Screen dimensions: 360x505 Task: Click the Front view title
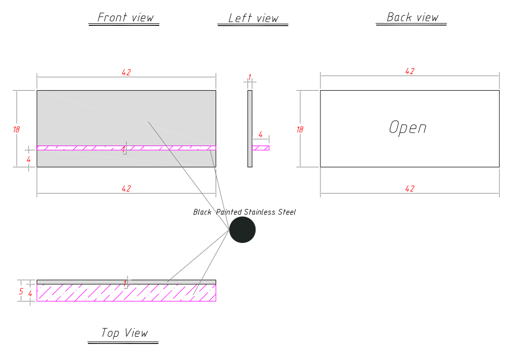click(125, 18)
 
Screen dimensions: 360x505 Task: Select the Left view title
click(254, 18)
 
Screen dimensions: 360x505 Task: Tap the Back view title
click(412, 17)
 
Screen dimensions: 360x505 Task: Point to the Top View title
click(124, 333)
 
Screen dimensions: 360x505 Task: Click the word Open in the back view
click(408, 127)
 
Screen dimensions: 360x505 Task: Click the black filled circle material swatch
click(242, 229)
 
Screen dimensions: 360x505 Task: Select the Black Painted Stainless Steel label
click(244, 212)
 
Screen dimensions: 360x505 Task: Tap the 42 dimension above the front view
click(126, 73)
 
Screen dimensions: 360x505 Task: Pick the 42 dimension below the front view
click(126, 189)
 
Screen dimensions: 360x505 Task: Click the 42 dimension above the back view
click(410, 71)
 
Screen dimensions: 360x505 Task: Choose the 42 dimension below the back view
click(410, 189)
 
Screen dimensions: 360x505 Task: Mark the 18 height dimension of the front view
click(16, 129)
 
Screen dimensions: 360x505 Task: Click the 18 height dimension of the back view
click(300, 129)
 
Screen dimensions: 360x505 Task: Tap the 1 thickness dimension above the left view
click(249, 77)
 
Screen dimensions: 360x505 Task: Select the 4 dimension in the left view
click(260, 135)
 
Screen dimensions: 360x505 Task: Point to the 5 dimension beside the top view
click(21, 291)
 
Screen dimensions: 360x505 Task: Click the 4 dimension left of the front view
click(29, 160)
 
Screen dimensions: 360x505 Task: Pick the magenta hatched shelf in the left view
click(261, 148)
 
